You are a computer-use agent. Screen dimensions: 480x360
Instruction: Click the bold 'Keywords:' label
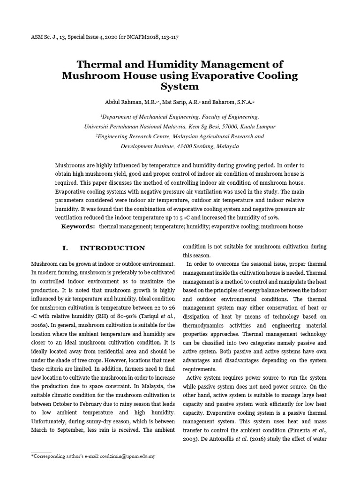point(78,226)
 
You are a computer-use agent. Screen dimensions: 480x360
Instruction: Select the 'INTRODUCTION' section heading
point(112,248)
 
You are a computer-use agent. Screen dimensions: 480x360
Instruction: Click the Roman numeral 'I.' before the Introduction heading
point(66,248)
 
